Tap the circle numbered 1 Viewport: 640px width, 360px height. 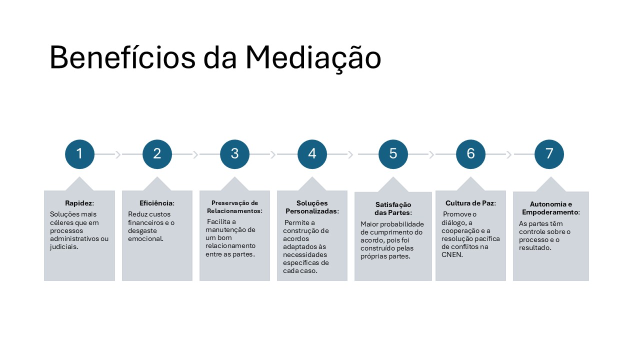point(79,154)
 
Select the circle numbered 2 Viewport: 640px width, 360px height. point(157,154)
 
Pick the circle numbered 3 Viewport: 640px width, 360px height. point(234,154)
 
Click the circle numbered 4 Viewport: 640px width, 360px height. point(312,154)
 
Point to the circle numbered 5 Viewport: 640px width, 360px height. point(393,154)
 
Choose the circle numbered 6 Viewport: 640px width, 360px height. point(470,154)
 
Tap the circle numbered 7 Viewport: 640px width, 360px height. point(549,154)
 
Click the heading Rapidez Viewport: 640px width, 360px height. point(79,203)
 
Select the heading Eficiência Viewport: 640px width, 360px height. point(156,203)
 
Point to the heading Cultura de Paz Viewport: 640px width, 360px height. point(470,203)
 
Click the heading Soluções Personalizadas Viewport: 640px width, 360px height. point(312,207)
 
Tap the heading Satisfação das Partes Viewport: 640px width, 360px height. point(393,208)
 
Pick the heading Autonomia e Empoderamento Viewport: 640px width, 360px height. point(550,208)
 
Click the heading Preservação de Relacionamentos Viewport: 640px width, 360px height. point(234,207)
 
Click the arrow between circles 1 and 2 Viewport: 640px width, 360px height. point(118,154)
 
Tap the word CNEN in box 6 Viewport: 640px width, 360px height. point(451,254)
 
